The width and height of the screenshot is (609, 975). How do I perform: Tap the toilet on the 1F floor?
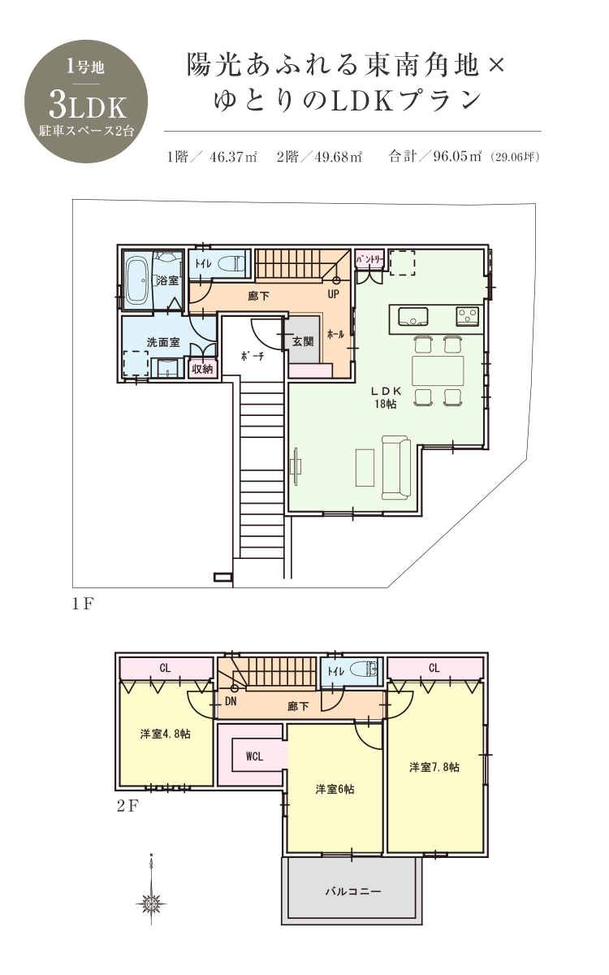click(231, 264)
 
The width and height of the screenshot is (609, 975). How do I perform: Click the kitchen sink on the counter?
click(412, 316)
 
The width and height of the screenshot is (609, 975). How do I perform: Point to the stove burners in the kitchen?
click(468, 316)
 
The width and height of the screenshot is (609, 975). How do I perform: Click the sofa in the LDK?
click(396, 467)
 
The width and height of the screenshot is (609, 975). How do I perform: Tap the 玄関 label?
click(303, 341)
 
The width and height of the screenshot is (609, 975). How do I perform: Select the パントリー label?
click(369, 260)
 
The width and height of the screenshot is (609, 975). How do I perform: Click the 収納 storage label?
click(202, 369)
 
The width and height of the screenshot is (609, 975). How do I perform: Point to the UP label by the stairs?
click(333, 294)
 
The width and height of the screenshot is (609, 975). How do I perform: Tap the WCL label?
click(254, 756)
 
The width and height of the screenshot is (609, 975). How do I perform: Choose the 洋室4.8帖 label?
click(166, 734)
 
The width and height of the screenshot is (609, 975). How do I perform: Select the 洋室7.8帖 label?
click(434, 767)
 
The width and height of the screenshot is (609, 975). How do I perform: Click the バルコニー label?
click(352, 891)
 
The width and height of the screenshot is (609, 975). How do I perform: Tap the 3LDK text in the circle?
click(88, 106)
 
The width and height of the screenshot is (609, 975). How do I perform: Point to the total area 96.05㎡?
click(457, 156)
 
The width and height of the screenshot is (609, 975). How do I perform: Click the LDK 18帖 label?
click(386, 397)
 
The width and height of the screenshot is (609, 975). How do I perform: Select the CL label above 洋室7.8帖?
click(434, 668)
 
